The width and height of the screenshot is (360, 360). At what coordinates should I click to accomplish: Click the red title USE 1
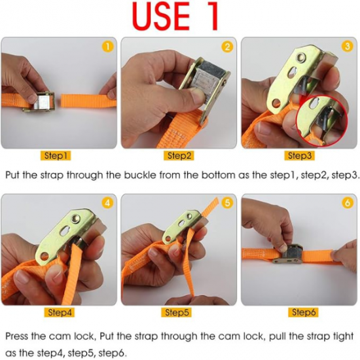[x=175, y=16]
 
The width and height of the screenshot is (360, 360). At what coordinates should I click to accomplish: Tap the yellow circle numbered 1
[x=107, y=46]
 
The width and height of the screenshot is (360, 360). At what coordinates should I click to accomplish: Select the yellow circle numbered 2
[x=227, y=46]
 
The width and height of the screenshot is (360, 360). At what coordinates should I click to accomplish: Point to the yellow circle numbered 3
[x=347, y=46]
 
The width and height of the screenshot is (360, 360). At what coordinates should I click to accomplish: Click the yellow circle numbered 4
[x=107, y=203]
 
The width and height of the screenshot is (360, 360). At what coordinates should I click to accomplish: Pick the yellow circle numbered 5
[x=227, y=203]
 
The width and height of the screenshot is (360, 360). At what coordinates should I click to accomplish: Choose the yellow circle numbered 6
[x=347, y=203]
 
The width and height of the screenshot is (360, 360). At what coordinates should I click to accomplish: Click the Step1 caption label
[x=56, y=156]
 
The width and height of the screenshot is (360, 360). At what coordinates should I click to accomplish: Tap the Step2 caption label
[x=179, y=156]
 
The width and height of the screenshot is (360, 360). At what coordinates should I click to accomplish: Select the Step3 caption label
[x=299, y=156]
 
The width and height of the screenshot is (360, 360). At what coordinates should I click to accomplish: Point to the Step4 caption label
[x=59, y=312]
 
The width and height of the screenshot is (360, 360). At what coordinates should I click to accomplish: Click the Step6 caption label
[x=303, y=312]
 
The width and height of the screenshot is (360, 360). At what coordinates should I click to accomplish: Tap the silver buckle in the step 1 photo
[x=39, y=102]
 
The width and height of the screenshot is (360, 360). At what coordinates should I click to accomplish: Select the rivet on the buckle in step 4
[x=76, y=219]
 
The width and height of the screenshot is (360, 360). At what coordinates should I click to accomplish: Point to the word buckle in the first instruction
[x=139, y=175]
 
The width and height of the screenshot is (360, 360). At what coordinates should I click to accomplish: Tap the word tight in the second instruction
[x=343, y=337]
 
